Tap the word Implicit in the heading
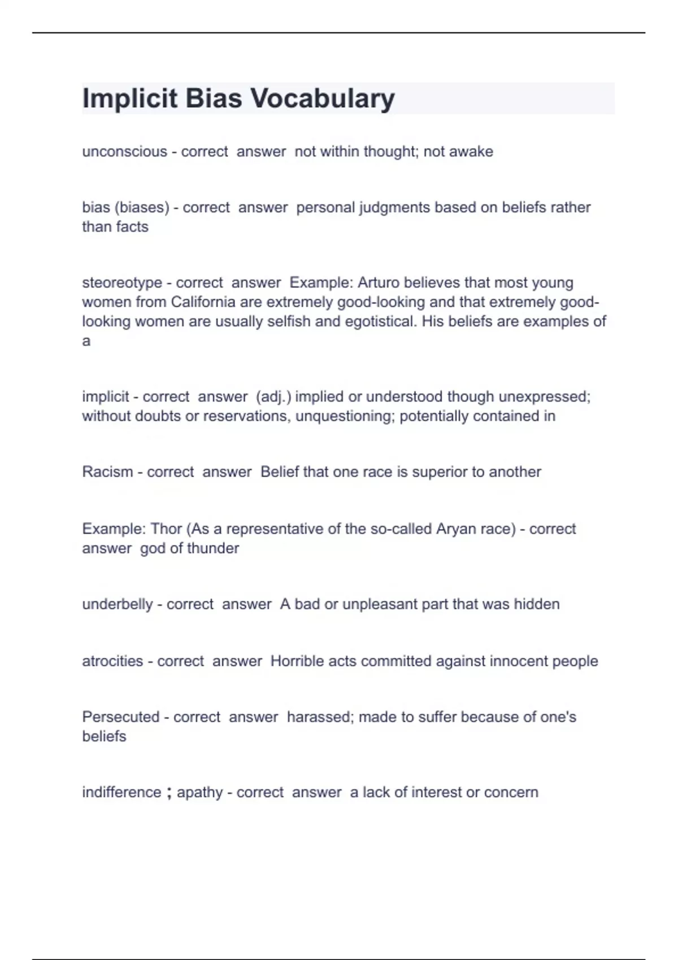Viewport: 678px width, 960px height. pos(130,99)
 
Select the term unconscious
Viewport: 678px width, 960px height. pos(124,152)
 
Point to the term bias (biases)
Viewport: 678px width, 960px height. pos(125,208)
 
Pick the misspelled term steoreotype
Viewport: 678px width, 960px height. pos(122,283)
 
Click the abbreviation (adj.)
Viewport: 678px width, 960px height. pos(273,397)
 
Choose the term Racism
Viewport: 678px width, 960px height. pos(107,472)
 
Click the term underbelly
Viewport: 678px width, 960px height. pos(118,604)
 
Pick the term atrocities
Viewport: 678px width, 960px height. pos(112,661)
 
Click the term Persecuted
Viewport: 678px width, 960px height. pos(121,717)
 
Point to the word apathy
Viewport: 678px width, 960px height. pos(199,792)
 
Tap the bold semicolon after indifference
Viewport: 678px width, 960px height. pos(169,793)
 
